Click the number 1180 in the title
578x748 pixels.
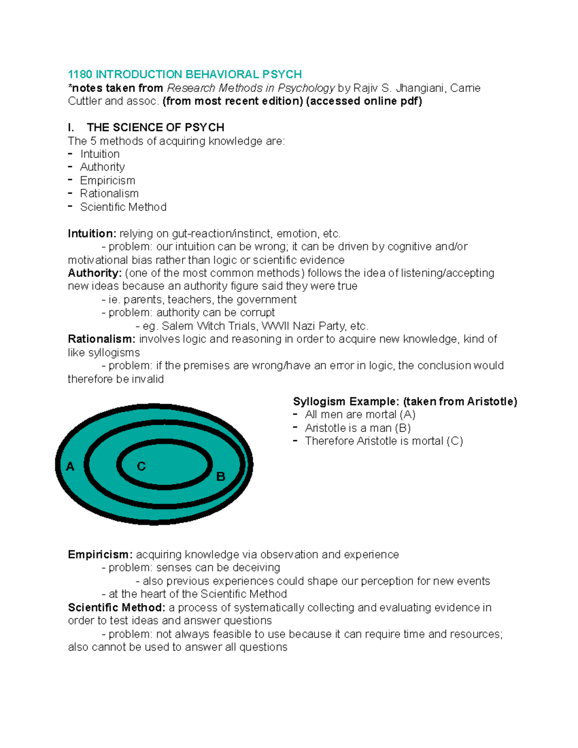click(80, 75)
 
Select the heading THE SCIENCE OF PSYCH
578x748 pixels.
click(155, 128)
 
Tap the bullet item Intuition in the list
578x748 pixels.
click(100, 154)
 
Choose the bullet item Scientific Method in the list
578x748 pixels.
click(123, 207)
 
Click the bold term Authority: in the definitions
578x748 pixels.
click(95, 273)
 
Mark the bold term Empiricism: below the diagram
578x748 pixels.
click(100, 554)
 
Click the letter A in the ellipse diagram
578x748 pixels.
click(70, 467)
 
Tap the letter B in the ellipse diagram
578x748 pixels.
click(221, 477)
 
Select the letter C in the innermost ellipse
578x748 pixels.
click(141, 466)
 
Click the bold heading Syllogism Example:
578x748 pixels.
click(346, 402)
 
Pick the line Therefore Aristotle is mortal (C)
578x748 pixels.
click(384, 441)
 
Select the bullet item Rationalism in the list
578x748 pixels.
click(109, 194)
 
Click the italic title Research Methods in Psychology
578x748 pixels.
click(250, 88)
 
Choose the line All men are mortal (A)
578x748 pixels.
click(360, 415)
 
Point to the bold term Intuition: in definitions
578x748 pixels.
click(92, 234)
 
